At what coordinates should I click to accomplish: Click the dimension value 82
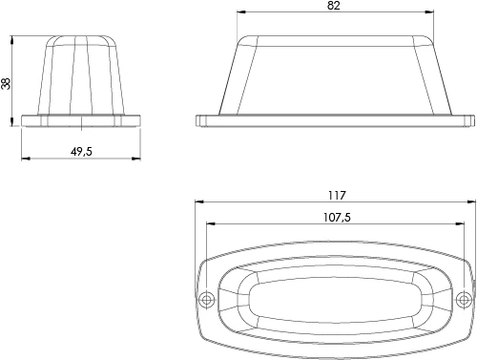pyautogui.click(x=332, y=6)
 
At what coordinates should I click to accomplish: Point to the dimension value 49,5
pyautogui.click(x=80, y=151)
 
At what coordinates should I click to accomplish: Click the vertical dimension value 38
pyautogui.click(x=7, y=82)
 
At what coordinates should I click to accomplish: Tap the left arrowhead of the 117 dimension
pyautogui.click(x=198, y=203)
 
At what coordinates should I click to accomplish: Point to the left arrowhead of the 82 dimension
pyautogui.click(x=240, y=13)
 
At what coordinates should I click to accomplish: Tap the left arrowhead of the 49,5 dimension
pyautogui.click(x=24, y=159)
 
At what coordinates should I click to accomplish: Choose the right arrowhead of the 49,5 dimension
pyautogui.click(x=137, y=159)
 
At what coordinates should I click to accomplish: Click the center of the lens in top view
pyautogui.click(x=334, y=301)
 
